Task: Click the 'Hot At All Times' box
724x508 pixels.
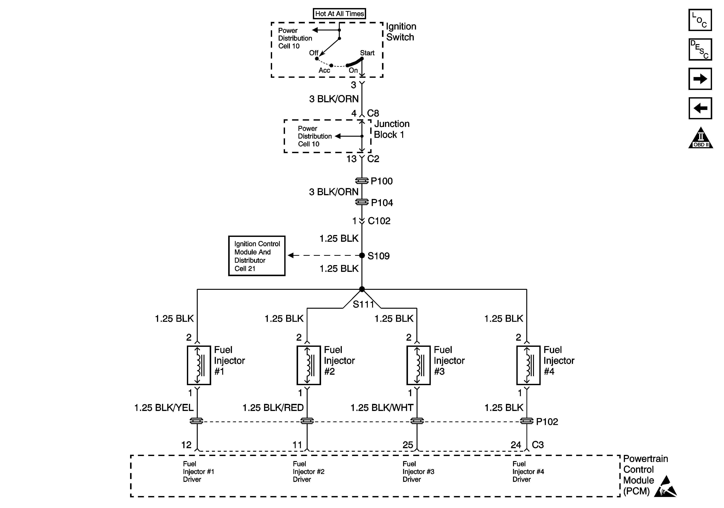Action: coord(339,14)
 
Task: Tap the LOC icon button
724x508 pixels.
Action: coord(700,20)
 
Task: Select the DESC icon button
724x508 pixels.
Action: coord(700,49)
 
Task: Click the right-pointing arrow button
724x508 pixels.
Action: coord(700,79)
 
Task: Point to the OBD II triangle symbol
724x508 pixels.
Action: coord(701,138)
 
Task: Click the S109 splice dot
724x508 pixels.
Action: coord(362,255)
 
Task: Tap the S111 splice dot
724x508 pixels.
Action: coord(362,289)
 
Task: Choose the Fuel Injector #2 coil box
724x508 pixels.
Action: coord(309,365)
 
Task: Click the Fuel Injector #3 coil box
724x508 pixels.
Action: coord(418,365)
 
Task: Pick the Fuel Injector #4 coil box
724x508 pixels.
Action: coord(528,365)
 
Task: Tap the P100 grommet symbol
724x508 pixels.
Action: coord(362,181)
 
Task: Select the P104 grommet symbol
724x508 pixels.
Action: coord(362,202)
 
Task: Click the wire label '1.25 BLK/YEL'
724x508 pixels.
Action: coord(164,408)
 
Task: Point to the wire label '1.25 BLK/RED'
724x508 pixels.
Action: coord(273,408)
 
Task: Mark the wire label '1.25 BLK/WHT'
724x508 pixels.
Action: coord(382,408)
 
